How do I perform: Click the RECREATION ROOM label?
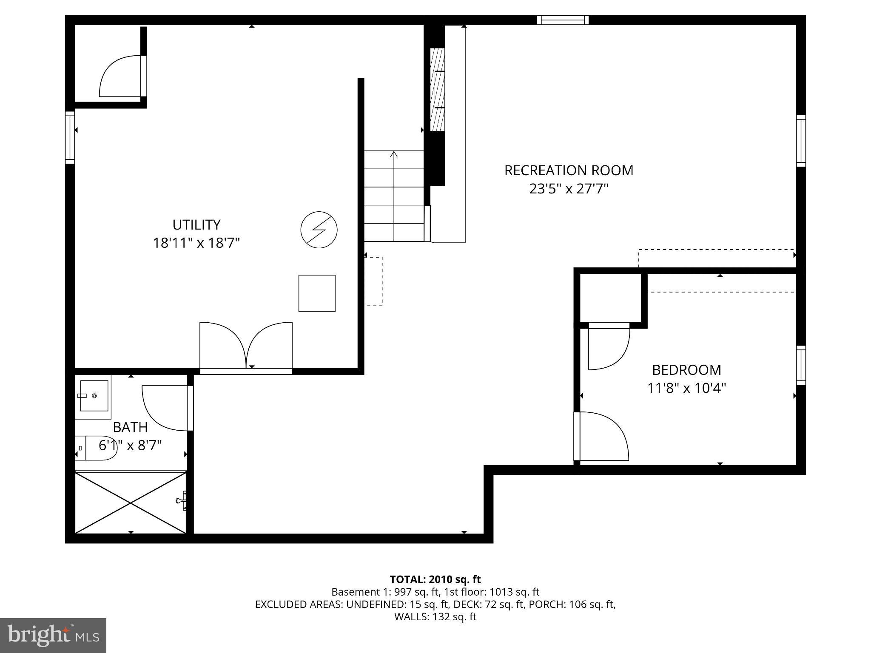click(x=569, y=170)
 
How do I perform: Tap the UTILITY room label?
click(x=196, y=224)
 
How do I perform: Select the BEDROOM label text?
click(x=686, y=370)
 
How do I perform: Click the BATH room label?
click(x=130, y=427)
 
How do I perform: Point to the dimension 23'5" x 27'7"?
click(x=569, y=189)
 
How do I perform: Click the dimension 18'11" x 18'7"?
click(x=196, y=243)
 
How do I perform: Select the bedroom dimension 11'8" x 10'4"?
click(x=686, y=388)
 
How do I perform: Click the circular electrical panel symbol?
click(x=319, y=230)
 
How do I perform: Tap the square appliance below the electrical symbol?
click(x=317, y=293)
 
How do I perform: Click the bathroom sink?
click(x=94, y=396)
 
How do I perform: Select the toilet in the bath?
click(x=96, y=448)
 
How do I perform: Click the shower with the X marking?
click(x=131, y=503)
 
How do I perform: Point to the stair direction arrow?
click(x=394, y=154)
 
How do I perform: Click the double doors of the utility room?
click(x=246, y=346)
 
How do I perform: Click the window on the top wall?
click(x=563, y=20)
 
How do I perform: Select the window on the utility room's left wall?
click(x=70, y=137)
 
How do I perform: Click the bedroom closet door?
click(x=608, y=346)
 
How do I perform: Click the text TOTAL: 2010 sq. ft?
click(x=435, y=579)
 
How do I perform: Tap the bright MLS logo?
click(x=53, y=636)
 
